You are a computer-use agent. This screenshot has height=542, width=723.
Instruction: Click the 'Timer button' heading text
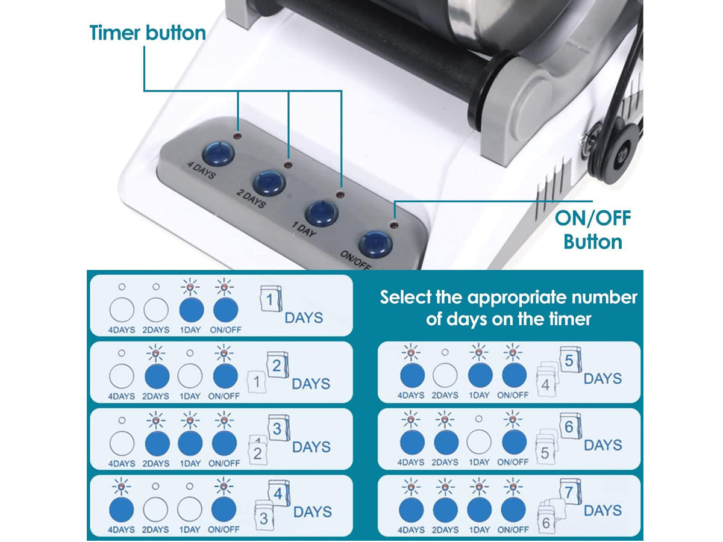pos(148,33)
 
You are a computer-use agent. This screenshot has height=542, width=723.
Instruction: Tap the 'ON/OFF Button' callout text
pos(593,229)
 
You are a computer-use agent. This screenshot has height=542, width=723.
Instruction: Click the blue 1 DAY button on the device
pos(322,214)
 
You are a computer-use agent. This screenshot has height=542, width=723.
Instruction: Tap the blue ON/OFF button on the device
pos(375,245)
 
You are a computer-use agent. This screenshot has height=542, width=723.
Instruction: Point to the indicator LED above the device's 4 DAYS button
pos(236,135)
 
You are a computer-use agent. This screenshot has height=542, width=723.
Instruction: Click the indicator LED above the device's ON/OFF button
pos(393,225)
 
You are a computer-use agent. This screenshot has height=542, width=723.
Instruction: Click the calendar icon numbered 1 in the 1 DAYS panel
pos(271,299)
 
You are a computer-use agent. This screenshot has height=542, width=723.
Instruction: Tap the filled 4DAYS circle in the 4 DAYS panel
pos(121,509)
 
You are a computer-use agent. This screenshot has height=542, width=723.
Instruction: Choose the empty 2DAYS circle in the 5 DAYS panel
pos(445,375)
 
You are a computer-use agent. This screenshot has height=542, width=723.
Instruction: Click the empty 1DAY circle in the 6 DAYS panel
pos(479,442)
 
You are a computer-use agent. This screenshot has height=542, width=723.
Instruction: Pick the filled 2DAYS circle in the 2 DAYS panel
pos(157,376)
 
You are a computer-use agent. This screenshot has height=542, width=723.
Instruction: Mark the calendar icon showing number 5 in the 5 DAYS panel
pos(571,360)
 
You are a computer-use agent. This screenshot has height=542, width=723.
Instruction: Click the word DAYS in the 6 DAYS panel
pos(602,445)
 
